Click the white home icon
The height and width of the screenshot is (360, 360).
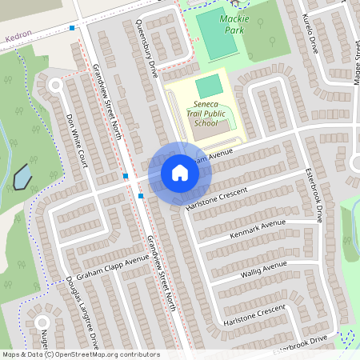pos(179,172)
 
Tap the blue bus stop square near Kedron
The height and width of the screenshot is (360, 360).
pos(72,28)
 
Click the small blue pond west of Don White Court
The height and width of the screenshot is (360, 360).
pos(22,176)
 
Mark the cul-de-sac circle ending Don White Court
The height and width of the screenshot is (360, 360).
pos(56,84)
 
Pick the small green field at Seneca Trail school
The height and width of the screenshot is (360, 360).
pos(208,85)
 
